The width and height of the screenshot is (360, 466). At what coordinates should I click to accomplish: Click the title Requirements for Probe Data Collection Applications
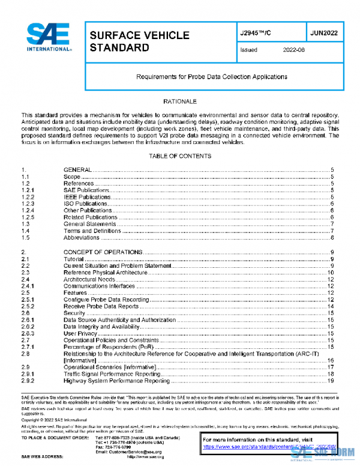point(212,77)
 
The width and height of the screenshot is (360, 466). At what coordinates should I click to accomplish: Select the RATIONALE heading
point(179,102)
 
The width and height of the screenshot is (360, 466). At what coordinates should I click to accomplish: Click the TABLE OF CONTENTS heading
point(179,156)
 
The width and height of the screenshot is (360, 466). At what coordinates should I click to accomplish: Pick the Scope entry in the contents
point(72,177)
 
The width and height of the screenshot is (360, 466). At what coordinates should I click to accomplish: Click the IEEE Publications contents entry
point(87,197)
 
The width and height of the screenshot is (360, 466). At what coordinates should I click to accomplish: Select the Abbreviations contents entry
point(82,237)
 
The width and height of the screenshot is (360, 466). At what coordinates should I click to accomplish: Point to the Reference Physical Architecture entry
point(105,273)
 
